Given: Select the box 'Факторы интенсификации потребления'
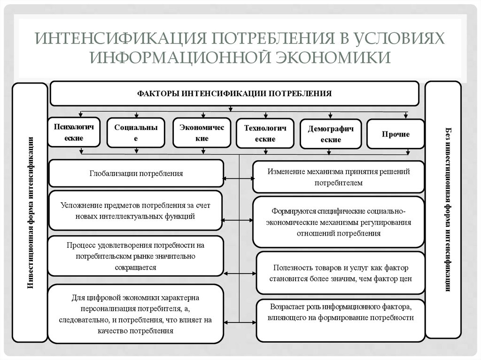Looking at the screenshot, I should point(234,93).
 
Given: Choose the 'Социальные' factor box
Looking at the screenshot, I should point(136,133).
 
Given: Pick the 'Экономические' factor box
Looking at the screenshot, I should point(202,133).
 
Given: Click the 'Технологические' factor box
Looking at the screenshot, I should point(265,133).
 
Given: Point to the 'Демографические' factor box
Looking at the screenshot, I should point(331,134).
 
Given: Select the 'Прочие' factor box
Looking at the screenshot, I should point(395,134).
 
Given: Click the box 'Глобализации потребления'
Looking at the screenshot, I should point(136,173).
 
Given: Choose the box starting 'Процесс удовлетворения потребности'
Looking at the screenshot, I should point(135,256).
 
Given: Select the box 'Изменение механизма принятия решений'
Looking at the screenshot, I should point(339,177).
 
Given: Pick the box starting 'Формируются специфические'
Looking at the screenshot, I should point(339,222).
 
